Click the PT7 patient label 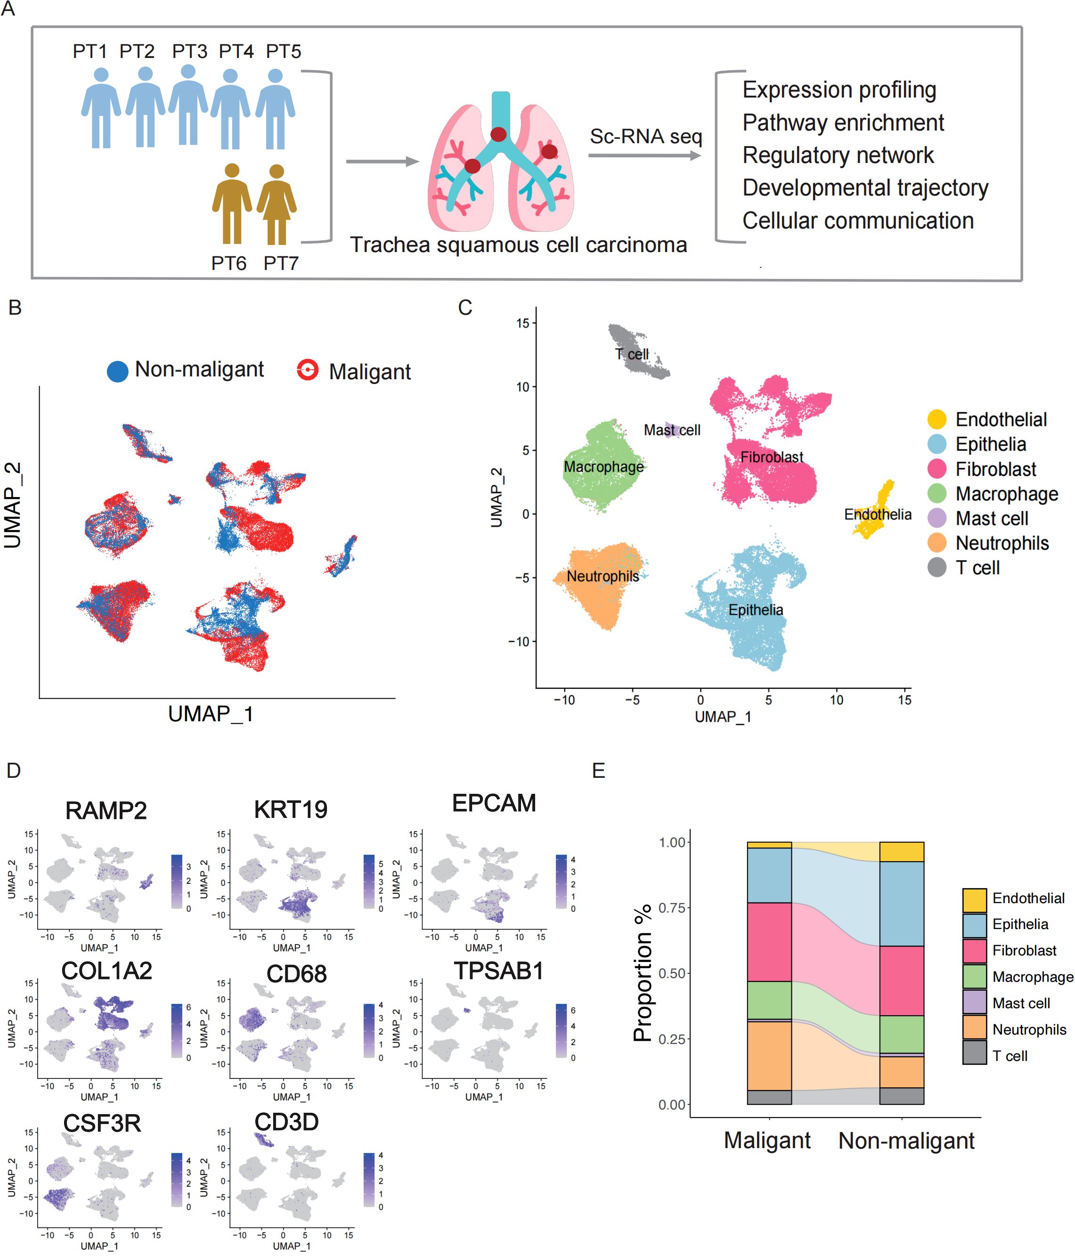[x=281, y=263]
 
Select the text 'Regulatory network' [x=838, y=155]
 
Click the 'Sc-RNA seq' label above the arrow [x=646, y=137]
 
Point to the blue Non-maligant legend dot [x=118, y=371]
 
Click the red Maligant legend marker [x=308, y=370]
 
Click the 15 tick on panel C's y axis [x=522, y=323]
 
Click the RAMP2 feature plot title [x=106, y=810]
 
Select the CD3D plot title [x=286, y=1122]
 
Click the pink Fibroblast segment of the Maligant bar [x=769, y=942]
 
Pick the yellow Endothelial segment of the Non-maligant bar [x=901, y=852]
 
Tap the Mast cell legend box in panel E [x=974, y=1003]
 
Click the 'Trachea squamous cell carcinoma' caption [x=518, y=245]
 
